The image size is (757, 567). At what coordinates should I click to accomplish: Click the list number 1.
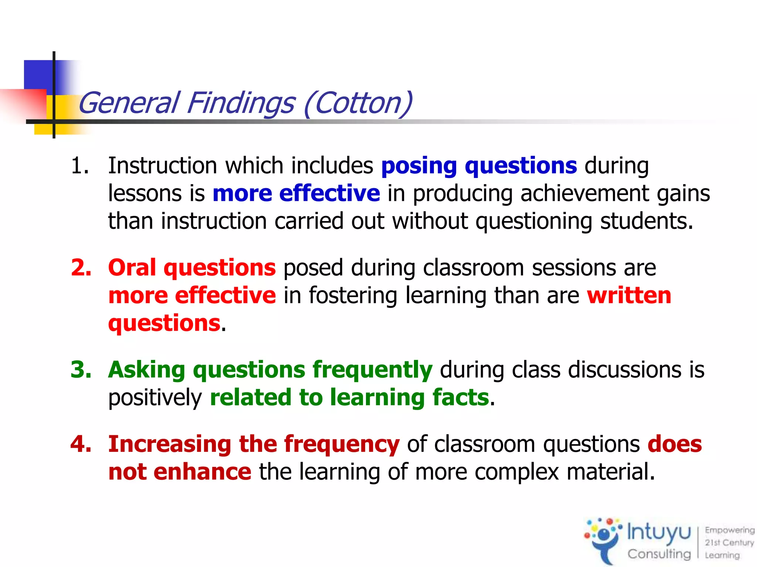(79, 165)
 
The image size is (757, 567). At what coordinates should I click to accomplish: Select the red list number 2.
(81, 267)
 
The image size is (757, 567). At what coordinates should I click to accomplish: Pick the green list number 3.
(81, 370)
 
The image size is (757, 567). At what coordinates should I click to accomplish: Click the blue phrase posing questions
(479, 166)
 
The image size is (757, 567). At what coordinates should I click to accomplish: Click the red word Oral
(132, 267)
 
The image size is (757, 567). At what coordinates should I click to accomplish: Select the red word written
(629, 295)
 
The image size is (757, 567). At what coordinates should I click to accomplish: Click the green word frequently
(372, 370)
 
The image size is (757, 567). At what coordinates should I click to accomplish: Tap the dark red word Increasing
(170, 444)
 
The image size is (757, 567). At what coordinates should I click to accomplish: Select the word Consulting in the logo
(659, 554)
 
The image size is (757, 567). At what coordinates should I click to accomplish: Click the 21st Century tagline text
(729, 543)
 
